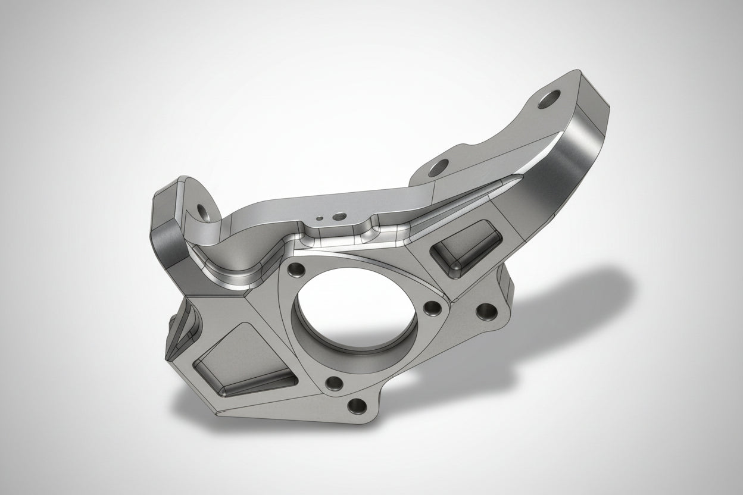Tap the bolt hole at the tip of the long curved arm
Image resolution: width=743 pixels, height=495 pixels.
[x=549, y=99]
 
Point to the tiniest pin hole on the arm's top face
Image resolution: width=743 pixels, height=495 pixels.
[x=320, y=218]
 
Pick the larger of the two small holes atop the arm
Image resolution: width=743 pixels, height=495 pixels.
[x=340, y=215]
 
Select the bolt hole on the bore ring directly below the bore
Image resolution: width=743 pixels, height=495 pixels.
[x=334, y=383]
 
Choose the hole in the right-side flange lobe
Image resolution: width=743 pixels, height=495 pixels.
[x=487, y=311]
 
